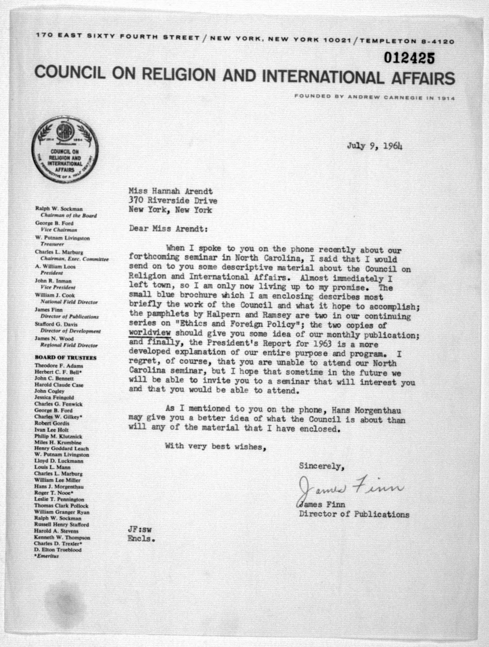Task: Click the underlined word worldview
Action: (x=150, y=333)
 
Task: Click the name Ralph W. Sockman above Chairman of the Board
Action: (x=59, y=209)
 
